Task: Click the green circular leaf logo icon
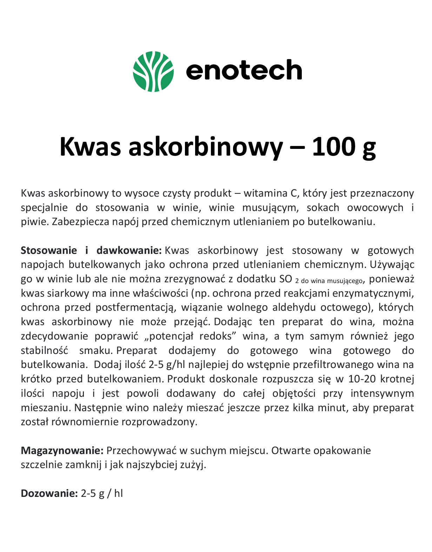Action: [x=153, y=71]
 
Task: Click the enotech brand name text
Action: [x=244, y=70]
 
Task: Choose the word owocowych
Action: [x=375, y=208]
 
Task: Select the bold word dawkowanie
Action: [x=128, y=250]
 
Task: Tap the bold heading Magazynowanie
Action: [x=62, y=451]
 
